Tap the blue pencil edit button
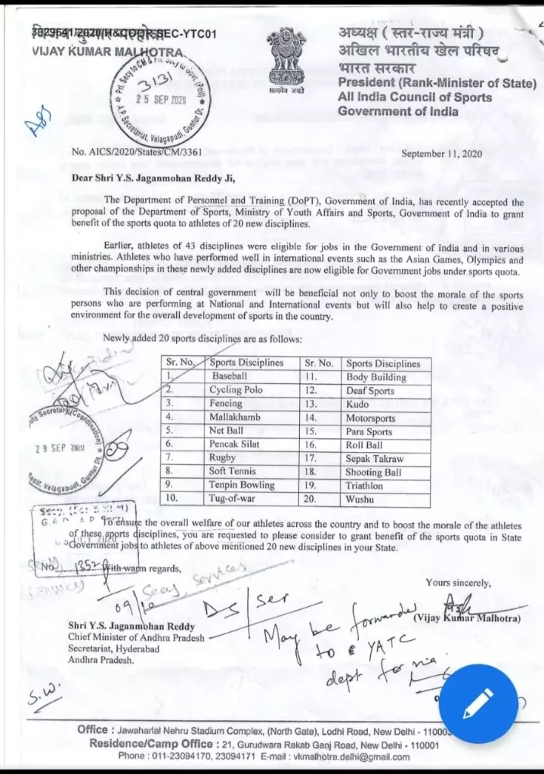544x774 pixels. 478,704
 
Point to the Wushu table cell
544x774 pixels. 360,499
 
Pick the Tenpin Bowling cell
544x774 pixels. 242,485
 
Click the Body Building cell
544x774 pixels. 376,376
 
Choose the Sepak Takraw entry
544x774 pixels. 375,458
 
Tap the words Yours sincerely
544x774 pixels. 457,582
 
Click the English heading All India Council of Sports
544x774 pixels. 415,97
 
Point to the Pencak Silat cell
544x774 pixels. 234,444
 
